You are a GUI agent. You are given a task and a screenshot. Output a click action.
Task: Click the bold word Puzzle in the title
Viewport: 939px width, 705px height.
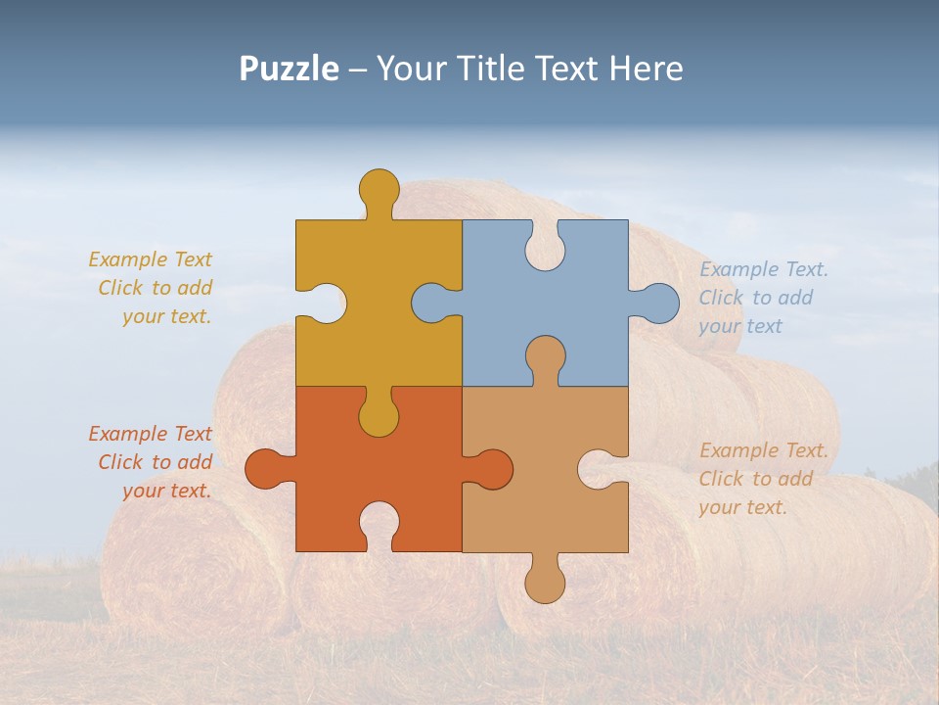[289, 69]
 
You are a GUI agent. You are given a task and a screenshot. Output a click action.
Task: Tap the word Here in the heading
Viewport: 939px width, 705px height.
[646, 69]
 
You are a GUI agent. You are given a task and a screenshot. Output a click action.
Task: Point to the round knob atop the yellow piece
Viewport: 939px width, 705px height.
[379, 188]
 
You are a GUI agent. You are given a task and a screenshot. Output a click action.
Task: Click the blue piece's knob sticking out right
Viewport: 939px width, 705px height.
[658, 303]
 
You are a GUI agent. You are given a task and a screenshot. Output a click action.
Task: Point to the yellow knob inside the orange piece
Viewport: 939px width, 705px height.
[379, 416]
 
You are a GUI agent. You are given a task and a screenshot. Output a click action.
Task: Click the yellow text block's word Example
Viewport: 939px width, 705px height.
[128, 259]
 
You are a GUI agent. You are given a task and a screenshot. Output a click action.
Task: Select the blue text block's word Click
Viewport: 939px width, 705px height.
[722, 298]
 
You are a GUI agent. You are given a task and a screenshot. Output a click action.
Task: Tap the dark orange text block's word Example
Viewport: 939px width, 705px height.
[128, 434]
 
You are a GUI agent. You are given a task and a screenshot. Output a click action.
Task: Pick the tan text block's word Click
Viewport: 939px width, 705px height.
[722, 479]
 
